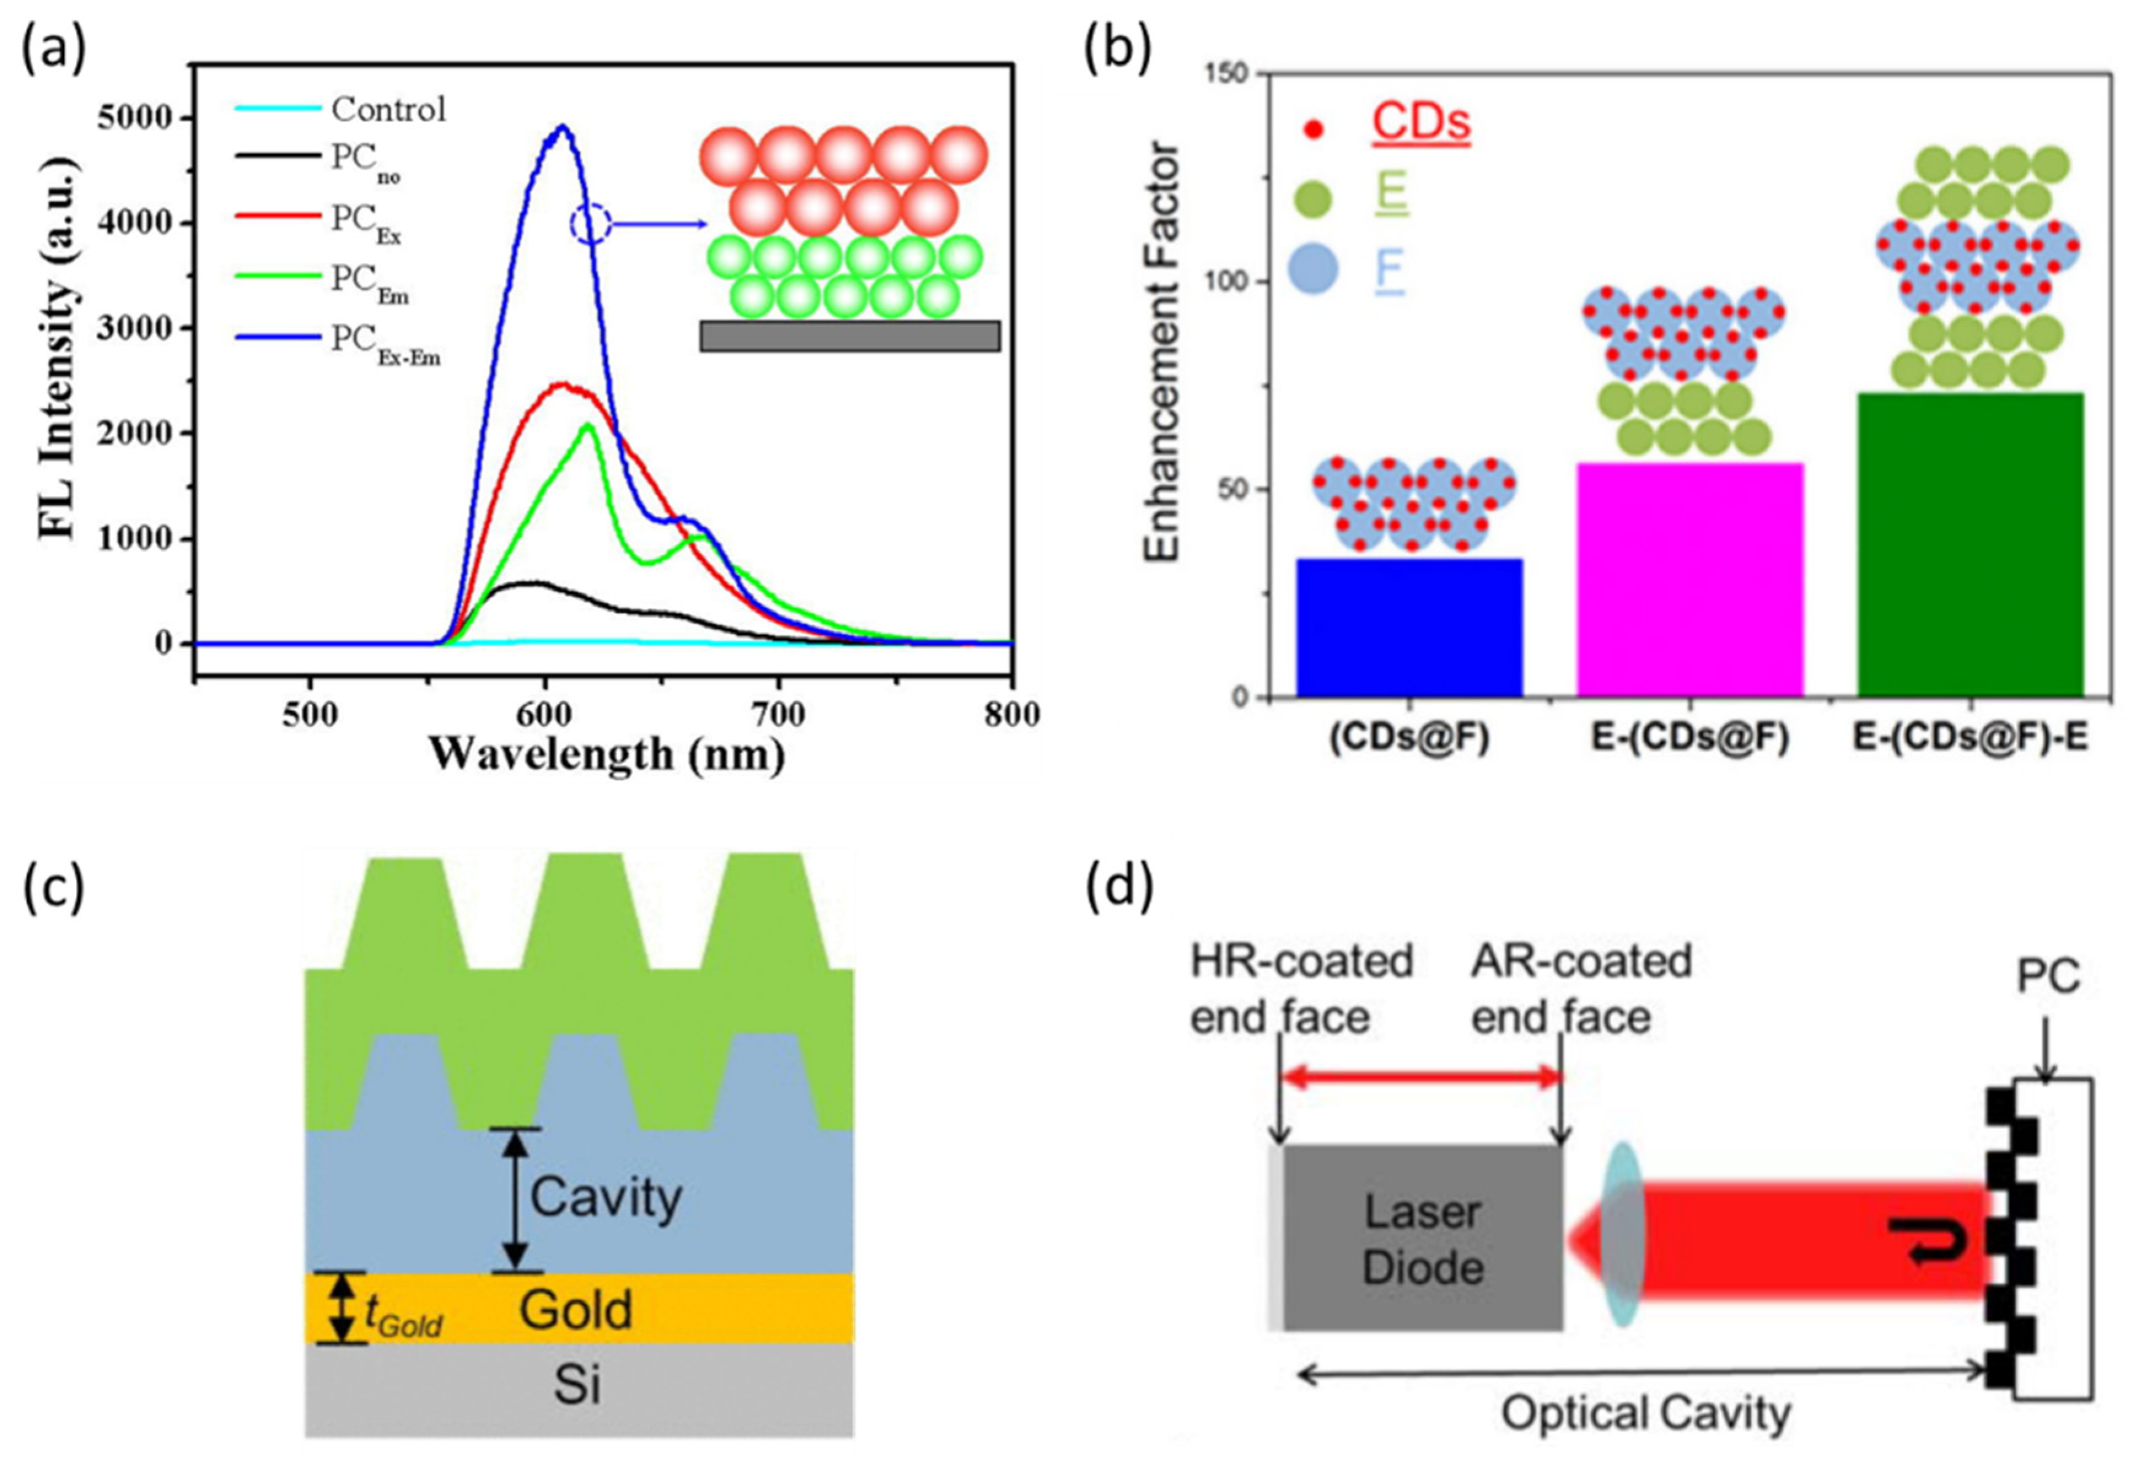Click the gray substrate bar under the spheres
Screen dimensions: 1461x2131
click(849, 336)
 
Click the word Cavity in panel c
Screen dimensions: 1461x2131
click(606, 1198)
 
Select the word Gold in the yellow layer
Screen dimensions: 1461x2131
click(576, 1310)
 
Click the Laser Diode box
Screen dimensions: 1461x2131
click(1422, 1238)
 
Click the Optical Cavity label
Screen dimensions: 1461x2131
click(1645, 1413)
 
